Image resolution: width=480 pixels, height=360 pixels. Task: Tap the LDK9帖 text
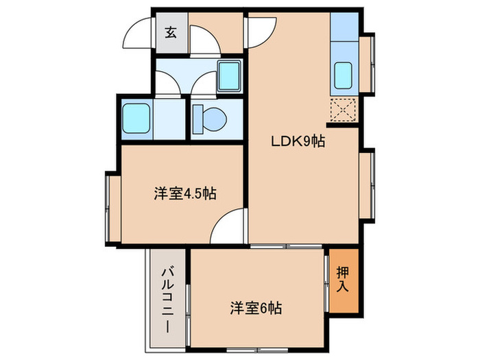pyautogui.click(x=296, y=142)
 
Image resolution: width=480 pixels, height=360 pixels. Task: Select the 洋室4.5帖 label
pyautogui.click(x=184, y=193)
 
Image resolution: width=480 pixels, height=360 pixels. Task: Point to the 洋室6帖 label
pyautogui.click(x=255, y=308)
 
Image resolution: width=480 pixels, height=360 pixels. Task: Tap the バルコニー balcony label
pyautogui.click(x=167, y=301)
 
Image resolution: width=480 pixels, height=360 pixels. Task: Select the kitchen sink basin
pyautogui.click(x=343, y=75)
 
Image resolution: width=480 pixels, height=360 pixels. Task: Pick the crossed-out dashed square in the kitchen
pyautogui.click(x=343, y=110)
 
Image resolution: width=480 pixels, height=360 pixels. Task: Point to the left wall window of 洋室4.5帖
pyautogui.click(x=110, y=207)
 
